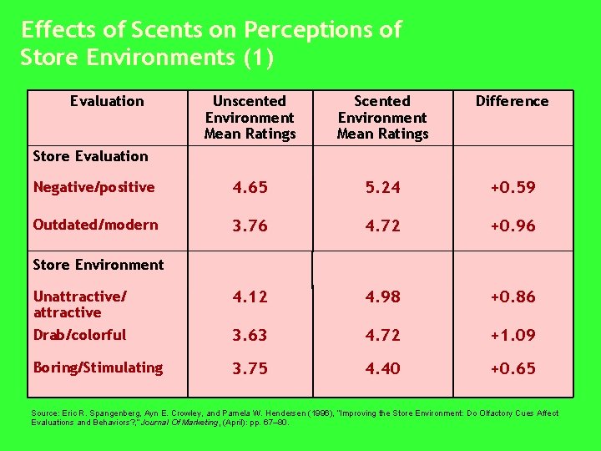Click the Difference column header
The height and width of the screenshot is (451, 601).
pos(512,101)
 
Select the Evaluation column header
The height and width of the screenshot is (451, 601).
pos(107,101)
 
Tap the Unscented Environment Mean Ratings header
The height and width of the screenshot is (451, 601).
pos(250,117)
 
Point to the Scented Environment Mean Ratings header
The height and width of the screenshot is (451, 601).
pos(382,117)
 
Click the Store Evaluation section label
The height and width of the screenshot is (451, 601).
pos(90,155)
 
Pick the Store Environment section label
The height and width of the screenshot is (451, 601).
pos(98,265)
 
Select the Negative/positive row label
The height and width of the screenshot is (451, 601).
pos(93,187)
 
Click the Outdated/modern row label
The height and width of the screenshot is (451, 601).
pos(95,225)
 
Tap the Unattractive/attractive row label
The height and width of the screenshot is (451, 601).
pos(79,304)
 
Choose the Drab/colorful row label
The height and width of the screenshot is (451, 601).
pos(79,335)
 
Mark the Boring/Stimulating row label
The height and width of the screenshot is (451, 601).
pos(98,367)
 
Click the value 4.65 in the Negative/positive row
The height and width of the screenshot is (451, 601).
pos(250,188)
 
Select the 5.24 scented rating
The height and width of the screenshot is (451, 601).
pos(382,188)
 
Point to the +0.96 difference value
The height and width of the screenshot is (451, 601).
pos(513,225)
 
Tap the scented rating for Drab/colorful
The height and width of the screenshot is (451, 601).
pos(382,335)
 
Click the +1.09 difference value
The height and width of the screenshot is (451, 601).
pos(513,335)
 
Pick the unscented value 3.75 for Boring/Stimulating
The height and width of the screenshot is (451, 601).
pos(250,368)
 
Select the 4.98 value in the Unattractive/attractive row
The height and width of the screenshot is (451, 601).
pos(382,296)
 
